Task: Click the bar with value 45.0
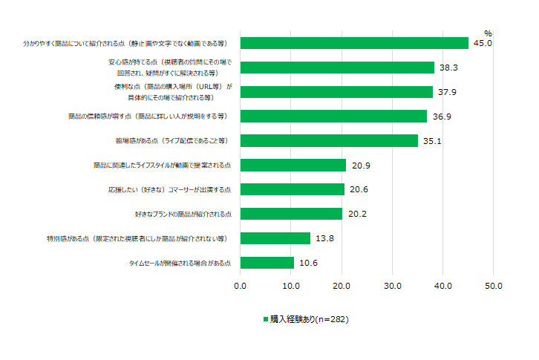[354, 43]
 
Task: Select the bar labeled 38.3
[337, 68]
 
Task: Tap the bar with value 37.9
[336, 92]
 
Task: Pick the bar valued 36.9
[333, 117]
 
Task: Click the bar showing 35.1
[329, 140]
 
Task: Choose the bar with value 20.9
[293, 165]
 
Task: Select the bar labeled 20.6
[293, 189]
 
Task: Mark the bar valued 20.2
[291, 214]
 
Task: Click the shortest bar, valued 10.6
[267, 263]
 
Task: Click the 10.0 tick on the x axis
[291, 285]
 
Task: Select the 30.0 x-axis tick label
[392, 285]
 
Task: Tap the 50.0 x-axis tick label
[494, 285]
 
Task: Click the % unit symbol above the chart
[488, 33]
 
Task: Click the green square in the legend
[265, 319]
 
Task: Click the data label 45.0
[483, 43]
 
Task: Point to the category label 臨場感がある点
[170, 140]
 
